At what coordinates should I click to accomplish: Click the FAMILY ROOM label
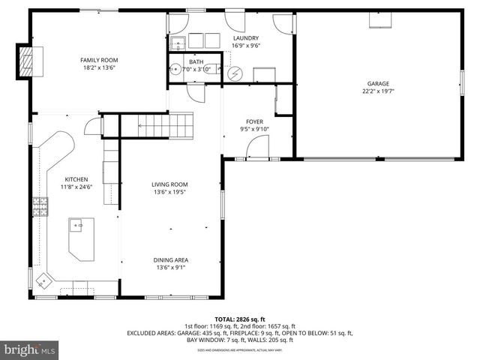[99, 60]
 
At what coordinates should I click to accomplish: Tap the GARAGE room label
[377, 83]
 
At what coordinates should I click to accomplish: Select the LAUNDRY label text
[246, 38]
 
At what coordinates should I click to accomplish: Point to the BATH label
[196, 62]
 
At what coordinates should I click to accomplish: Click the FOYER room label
[255, 121]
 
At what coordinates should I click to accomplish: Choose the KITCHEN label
[76, 179]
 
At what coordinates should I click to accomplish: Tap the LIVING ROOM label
[169, 184]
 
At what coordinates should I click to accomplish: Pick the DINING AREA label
[171, 259]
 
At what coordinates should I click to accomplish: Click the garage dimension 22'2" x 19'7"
[377, 91]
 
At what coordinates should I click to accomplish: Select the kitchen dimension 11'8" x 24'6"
[76, 187]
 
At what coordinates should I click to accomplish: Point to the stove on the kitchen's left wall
[37, 205]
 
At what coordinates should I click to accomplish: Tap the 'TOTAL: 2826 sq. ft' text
[240, 318]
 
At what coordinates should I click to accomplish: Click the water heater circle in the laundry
[235, 73]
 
